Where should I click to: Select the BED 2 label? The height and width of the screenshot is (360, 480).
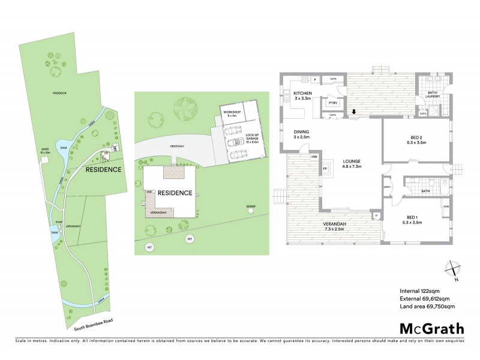click(x=416, y=139)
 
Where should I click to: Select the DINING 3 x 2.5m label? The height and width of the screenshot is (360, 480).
click(x=301, y=134)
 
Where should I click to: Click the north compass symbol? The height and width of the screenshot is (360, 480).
click(x=454, y=269)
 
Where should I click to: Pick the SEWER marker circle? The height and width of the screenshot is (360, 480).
click(x=251, y=212)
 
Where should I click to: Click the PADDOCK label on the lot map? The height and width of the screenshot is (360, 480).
click(x=58, y=93)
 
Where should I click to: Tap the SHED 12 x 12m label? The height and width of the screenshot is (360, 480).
click(x=44, y=151)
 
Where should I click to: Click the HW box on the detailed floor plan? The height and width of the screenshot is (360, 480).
click(x=314, y=157)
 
